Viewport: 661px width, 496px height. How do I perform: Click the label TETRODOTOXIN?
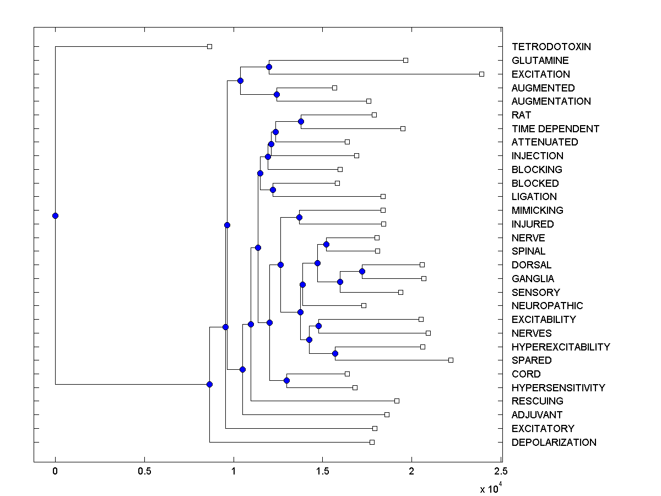[551, 47]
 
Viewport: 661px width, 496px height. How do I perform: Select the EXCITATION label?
[540, 74]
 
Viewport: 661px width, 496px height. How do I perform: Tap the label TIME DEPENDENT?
[555, 129]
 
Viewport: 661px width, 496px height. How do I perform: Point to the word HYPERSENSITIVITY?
[558, 388]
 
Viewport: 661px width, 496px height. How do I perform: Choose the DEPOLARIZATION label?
[554, 443]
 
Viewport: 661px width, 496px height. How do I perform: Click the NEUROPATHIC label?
[547, 306]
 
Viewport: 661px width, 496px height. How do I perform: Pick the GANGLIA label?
[533, 279]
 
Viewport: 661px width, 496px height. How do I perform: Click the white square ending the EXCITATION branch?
[481, 74]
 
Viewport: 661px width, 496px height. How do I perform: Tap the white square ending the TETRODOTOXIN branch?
[209, 46]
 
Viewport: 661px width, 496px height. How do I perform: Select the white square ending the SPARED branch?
[451, 360]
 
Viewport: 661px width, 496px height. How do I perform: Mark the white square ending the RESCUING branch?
[397, 401]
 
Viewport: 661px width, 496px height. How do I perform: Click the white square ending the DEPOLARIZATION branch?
[372, 442]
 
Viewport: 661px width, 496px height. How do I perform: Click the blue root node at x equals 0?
[55, 215]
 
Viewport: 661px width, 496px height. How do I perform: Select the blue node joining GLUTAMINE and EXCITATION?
[269, 67]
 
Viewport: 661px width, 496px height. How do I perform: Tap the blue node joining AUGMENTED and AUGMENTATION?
[277, 94]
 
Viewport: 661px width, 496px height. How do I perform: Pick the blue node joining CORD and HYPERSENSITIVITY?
[286, 380]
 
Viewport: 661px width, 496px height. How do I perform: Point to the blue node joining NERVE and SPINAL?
[326, 244]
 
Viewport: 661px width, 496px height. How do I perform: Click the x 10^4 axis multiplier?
[490, 488]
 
